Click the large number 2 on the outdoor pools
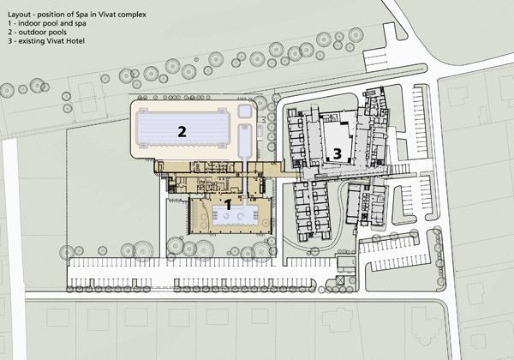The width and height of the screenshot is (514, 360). [182, 131]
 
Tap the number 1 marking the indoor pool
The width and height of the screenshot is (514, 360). [229, 205]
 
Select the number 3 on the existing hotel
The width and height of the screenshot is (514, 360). [338, 153]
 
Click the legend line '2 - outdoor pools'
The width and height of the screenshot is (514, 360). [38, 32]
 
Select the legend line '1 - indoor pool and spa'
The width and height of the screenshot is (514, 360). [47, 23]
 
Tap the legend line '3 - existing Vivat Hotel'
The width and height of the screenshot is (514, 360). [46, 41]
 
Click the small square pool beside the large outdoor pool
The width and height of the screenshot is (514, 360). [245, 111]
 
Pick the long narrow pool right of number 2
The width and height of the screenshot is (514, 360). [245, 141]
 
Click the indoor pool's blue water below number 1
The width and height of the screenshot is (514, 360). [235, 216]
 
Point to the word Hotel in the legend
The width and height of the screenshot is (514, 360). [76, 41]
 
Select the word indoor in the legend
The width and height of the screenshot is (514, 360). [28, 23]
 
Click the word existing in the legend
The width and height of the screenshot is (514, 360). [32, 41]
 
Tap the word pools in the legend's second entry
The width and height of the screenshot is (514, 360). [57, 32]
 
